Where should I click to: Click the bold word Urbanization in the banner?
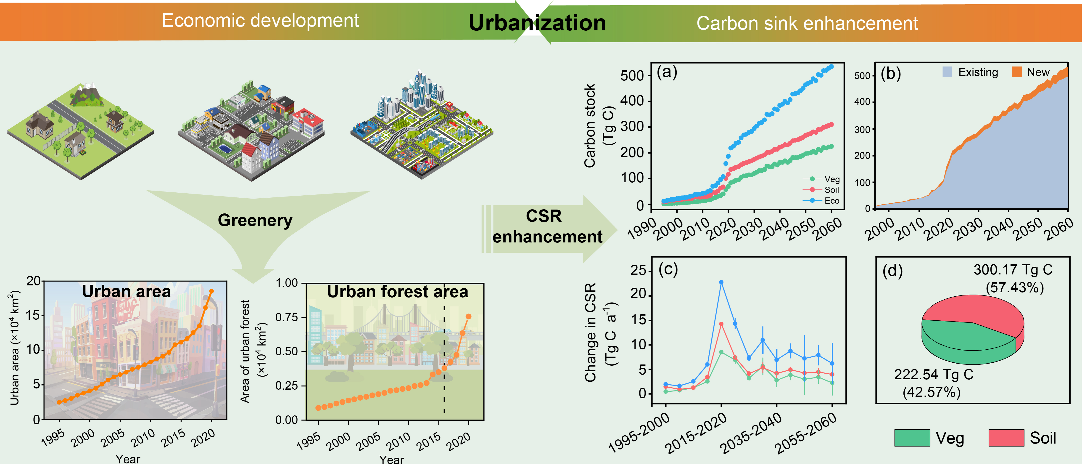pos(537,23)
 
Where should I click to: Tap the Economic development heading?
pos(260,20)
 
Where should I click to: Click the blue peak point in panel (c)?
pos(721,283)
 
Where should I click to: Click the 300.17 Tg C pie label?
pos(1013,269)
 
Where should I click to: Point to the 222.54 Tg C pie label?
pos(933,374)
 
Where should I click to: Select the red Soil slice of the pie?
pos(979,311)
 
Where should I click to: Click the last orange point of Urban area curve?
pos(211,291)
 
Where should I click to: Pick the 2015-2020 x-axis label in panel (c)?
pos(696,433)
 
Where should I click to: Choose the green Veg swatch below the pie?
pos(911,438)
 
